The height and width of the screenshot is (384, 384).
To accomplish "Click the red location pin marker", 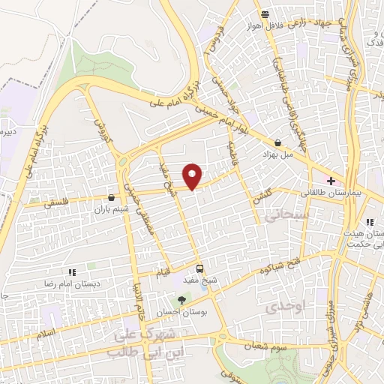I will [x=193, y=175].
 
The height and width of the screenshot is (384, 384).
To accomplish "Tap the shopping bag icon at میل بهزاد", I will [x=278, y=142].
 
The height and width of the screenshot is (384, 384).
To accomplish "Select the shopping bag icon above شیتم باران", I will [x=112, y=197].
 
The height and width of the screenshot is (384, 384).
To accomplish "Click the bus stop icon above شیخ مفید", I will [x=199, y=268].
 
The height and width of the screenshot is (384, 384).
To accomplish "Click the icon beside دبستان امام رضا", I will [x=72, y=272].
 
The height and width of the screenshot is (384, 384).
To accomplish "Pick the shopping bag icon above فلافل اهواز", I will [x=264, y=14].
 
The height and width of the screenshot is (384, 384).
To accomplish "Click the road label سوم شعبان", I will [x=268, y=346].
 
